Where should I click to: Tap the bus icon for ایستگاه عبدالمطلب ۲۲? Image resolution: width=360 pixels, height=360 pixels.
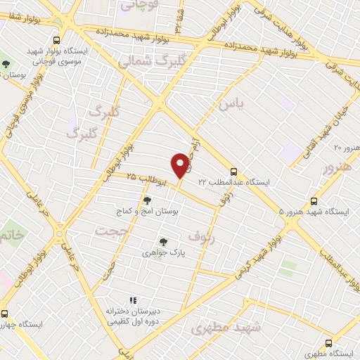click(233, 171)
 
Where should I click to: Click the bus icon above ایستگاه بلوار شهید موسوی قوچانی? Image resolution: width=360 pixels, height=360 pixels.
click(56, 41)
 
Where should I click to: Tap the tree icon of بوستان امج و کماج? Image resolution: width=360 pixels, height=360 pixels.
click(146, 200)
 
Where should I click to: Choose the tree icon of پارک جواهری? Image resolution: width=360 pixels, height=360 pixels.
click(163, 241)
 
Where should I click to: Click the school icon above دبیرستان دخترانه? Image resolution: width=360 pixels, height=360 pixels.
click(133, 300)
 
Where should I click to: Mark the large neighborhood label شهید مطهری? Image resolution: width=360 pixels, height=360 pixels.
click(226, 327)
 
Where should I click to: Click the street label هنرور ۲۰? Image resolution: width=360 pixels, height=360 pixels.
click(346, 148)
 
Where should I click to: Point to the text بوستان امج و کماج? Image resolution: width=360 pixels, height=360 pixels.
click(148, 211)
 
